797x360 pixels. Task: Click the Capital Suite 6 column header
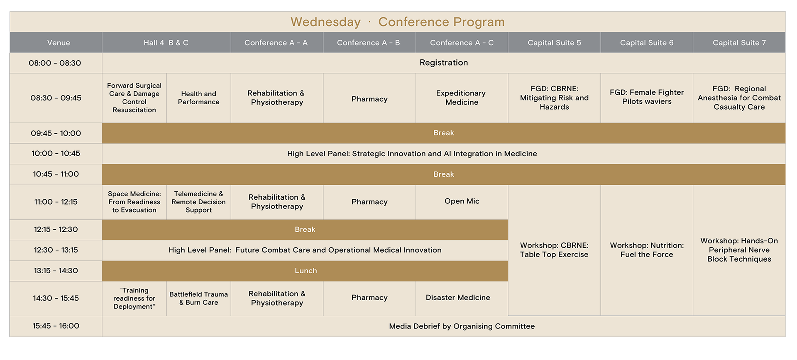[x=647, y=43]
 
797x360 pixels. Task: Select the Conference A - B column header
[x=369, y=43]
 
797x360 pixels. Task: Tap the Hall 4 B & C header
[x=166, y=43]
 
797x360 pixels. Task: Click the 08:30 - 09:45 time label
[x=56, y=98]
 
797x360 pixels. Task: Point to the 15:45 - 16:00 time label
[x=56, y=326]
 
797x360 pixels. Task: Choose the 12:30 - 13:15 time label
[x=56, y=250]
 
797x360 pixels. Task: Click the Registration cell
[x=444, y=63]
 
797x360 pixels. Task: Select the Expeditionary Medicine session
[x=462, y=98]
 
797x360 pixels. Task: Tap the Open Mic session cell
[x=462, y=202]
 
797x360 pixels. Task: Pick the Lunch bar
[x=305, y=271]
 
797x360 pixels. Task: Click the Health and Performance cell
[x=198, y=98]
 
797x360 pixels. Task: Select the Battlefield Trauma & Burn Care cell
[x=198, y=298]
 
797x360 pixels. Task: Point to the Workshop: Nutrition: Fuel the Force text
[x=647, y=250]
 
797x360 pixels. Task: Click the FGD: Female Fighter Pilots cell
[x=647, y=98]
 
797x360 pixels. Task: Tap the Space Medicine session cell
[x=134, y=202]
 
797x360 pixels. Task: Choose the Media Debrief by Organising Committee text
[x=462, y=326]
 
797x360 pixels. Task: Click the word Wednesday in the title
[x=325, y=22]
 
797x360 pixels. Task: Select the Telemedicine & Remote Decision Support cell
[x=198, y=202]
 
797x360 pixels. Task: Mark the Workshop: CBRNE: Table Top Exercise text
[x=554, y=250]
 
